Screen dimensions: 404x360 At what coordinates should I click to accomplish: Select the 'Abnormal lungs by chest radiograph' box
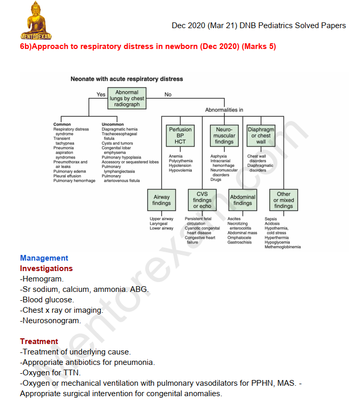(127, 99)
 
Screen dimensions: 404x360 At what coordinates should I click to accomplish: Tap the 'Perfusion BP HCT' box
(180, 136)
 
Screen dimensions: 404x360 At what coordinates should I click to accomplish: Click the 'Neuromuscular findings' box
(224, 136)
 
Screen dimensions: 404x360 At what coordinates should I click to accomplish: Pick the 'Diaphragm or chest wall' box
(261, 136)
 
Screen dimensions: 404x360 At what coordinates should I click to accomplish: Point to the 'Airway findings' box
(162, 200)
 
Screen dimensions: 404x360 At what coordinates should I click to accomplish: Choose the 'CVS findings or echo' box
(202, 200)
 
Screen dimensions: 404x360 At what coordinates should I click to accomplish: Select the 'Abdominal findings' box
(243, 200)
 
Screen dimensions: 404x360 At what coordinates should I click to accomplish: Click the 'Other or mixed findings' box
(283, 200)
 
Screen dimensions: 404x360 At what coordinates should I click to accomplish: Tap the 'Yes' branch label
(101, 95)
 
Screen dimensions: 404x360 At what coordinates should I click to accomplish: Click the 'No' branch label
(168, 95)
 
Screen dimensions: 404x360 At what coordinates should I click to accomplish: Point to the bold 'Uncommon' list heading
(113, 125)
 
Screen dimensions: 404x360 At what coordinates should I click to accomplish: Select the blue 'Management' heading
(44, 258)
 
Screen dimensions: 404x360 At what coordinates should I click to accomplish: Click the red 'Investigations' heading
(46, 268)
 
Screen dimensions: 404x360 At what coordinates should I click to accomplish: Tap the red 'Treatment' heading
(39, 341)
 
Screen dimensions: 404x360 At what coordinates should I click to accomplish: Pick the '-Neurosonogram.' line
(51, 321)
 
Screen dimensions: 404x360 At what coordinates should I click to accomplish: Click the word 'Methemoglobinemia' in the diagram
(283, 247)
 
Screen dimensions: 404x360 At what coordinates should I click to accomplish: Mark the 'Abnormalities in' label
(224, 111)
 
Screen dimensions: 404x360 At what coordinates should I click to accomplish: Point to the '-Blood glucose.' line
(47, 300)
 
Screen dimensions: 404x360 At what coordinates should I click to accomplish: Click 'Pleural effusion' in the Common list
(67, 176)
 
